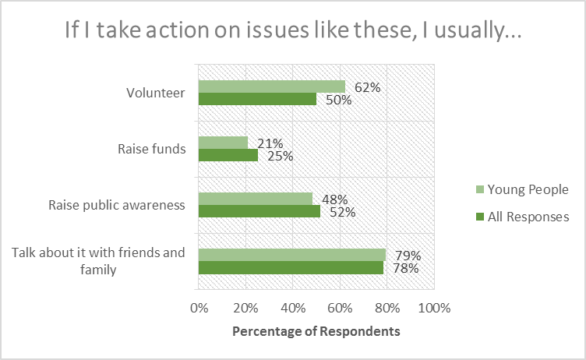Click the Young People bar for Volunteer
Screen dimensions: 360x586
pyautogui.click(x=271, y=86)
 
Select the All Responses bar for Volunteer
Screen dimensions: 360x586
pyautogui.click(x=257, y=99)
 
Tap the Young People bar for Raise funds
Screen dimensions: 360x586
pyautogui.click(x=223, y=143)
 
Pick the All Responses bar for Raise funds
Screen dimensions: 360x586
pyautogui.click(x=228, y=155)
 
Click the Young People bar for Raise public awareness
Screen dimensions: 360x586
pyautogui.click(x=255, y=199)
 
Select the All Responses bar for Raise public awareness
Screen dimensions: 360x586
pyautogui.click(x=259, y=211)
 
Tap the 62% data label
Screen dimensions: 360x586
pyautogui.click(x=367, y=87)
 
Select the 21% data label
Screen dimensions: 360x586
pyautogui.click(x=270, y=143)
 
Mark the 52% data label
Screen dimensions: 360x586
pyautogui.click(x=341, y=212)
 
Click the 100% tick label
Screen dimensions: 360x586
pyautogui.click(x=434, y=307)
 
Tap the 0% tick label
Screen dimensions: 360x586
pyautogui.click(x=199, y=307)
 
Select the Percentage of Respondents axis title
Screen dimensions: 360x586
pyautogui.click(x=316, y=331)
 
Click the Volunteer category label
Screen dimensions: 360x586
pyautogui.click(x=156, y=93)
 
